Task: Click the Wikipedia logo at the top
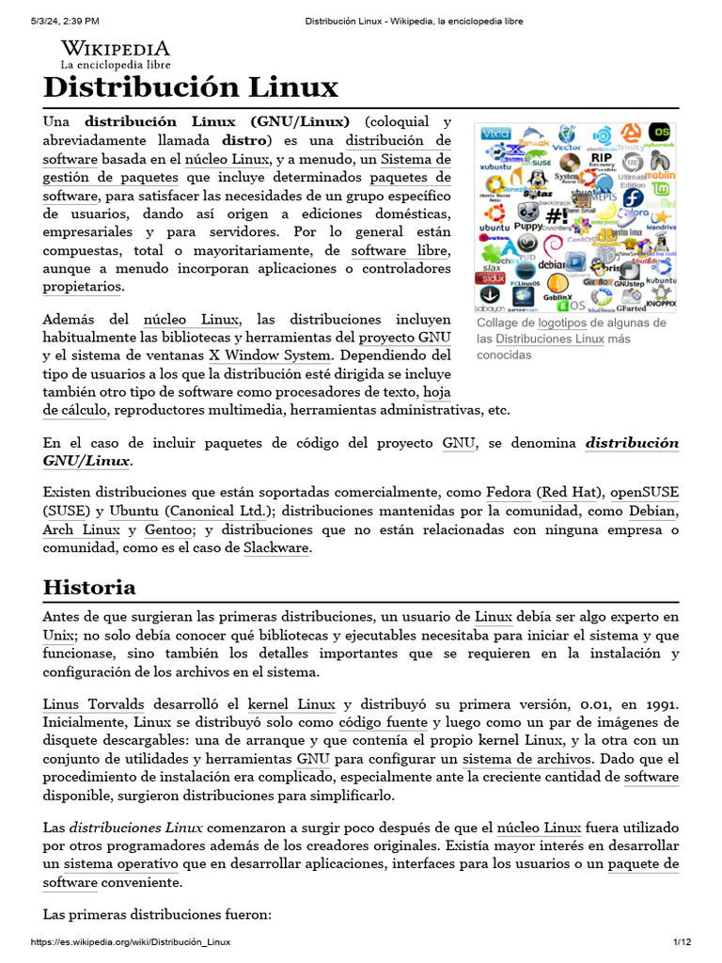116,54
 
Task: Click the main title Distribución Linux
190,87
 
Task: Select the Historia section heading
89,588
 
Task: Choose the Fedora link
509,493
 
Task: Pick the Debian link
652,512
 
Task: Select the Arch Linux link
82,530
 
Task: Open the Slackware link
276,548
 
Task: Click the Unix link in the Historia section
59,636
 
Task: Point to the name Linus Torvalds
91,704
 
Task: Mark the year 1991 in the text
658,704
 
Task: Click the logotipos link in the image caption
565,323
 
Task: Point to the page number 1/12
682,942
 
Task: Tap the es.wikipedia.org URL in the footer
131,942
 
